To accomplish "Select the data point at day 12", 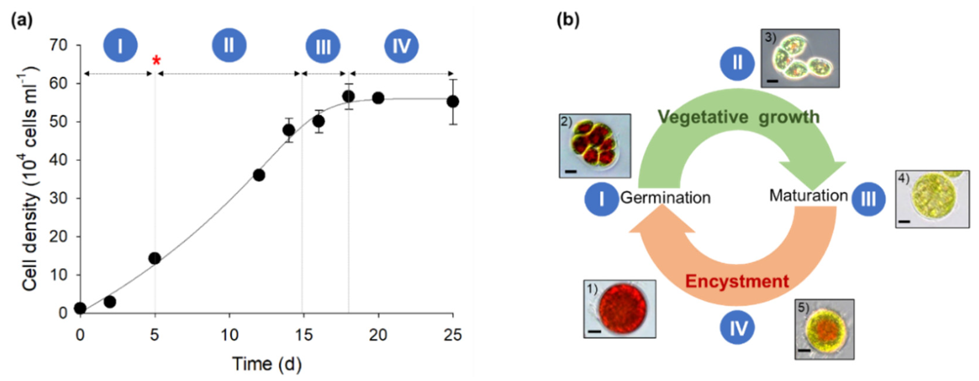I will click(259, 175).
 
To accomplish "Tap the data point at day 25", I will click(453, 102).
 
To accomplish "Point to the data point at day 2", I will click(110, 302).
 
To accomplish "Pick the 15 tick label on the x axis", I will click(303, 335).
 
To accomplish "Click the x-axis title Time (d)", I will click(267, 364).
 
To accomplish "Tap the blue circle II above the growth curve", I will click(229, 45).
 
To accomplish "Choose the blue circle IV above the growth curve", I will click(401, 46).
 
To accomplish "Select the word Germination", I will click(665, 197).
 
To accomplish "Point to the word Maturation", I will click(808, 196).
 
